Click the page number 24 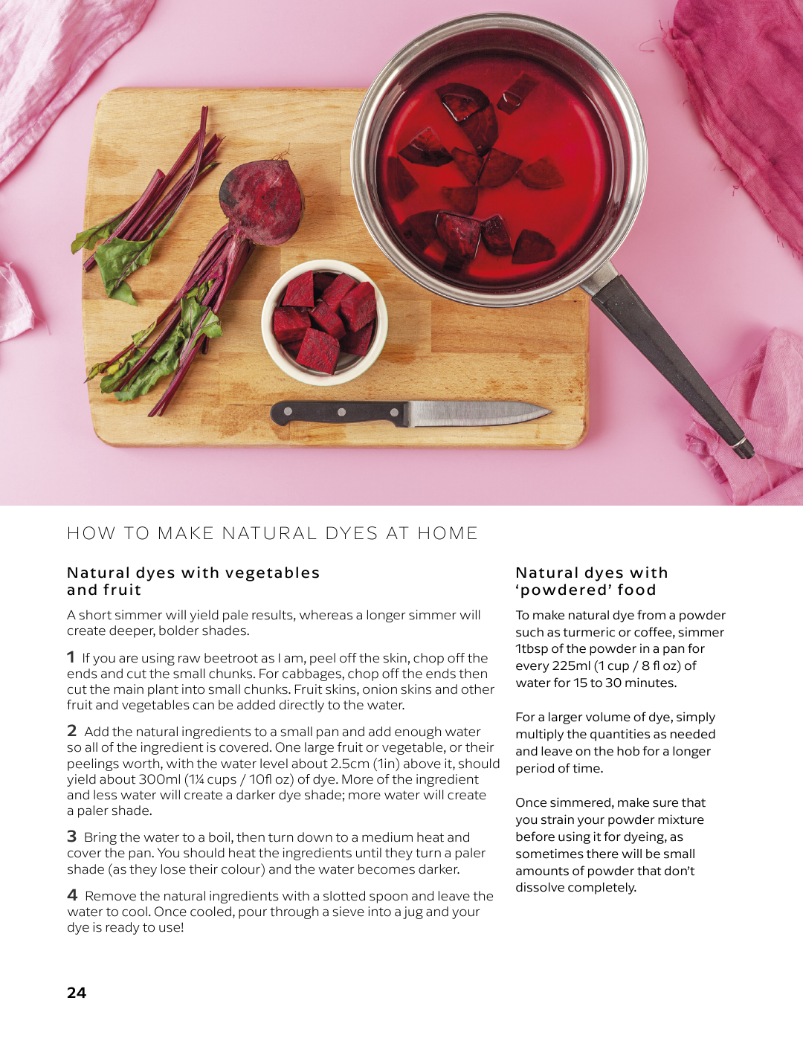pos(77,992)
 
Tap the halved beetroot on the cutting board pos(262,202)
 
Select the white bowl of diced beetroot pos(325,323)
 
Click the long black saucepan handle pos(671,364)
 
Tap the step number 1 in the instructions pos(71,657)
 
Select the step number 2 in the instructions pos(72,731)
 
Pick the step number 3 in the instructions pos(72,837)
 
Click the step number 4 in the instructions pos(72,895)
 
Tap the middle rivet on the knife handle pos(341,412)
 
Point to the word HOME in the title pos(448,533)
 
